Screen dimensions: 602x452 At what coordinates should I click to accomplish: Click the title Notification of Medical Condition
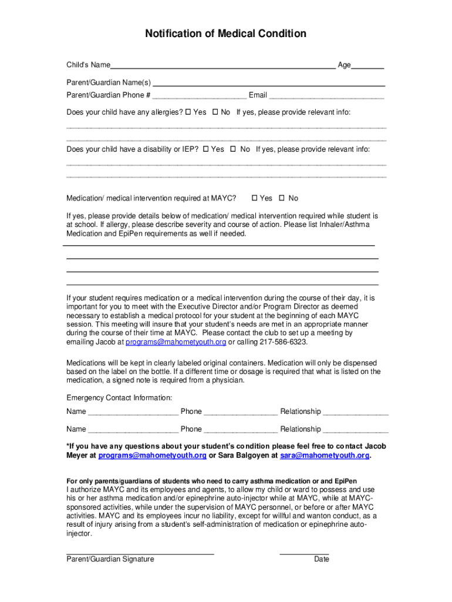[x=225, y=34]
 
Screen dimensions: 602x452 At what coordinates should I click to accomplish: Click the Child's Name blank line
[x=223, y=66]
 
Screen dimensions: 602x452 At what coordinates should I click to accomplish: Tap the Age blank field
[x=367, y=66]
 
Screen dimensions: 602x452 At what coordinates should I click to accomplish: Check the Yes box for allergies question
[x=188, y=112]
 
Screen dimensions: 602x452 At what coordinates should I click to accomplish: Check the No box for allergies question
[x=215, y=112]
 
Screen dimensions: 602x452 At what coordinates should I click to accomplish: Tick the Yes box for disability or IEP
[x=205, y=149]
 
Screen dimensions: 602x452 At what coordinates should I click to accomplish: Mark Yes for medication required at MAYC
[x=254, y=198]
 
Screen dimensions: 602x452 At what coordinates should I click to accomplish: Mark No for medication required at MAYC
[x=281, y=198]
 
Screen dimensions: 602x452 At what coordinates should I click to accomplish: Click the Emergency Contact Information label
[x=119, y=398]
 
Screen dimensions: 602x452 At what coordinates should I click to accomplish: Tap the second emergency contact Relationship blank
[x=356, y=430]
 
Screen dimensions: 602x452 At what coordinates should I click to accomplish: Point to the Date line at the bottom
[x=304, y=553]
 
